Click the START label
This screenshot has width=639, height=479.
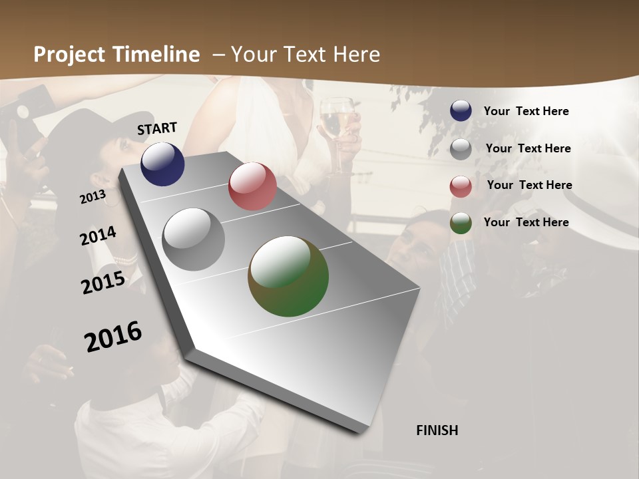(157, 128)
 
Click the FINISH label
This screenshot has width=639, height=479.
(437, 430)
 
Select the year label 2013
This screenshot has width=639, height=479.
(93, 196)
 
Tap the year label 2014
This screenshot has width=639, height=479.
(99, 236)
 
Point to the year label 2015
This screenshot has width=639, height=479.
(103, 282)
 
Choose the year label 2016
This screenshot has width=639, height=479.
(113, 336)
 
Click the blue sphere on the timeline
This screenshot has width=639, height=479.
(162, 164)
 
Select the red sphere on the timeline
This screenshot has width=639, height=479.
(252, 186)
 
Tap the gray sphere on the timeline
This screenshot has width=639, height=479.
(194, 239)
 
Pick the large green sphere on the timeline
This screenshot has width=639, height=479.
(288, 276)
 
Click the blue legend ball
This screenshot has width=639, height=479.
(461, 111)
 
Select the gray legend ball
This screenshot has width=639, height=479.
(461, 149)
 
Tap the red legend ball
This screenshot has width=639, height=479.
(461, 186)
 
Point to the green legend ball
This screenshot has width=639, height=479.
(461, 223)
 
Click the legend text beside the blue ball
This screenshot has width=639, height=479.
(526, 111)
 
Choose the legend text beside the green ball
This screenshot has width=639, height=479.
(526, 222)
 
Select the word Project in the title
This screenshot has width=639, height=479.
(70, 55)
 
